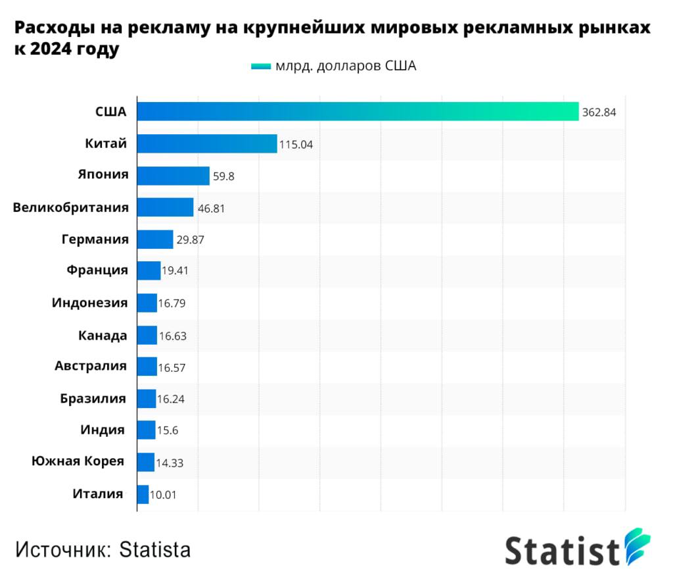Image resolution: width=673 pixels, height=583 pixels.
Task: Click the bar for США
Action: point(358,112)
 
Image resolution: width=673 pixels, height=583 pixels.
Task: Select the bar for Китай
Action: point(207,143)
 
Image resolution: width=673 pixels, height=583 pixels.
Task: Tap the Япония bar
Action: point(173,176)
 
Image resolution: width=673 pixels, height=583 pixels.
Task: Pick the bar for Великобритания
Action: point(165,207)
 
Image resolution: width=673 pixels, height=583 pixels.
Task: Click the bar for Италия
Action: point(143,494)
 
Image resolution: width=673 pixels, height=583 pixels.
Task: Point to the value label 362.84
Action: point(599,113)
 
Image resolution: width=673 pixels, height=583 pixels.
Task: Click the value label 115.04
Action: point(296,144)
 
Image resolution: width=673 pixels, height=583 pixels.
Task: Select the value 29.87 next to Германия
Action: point(190,240)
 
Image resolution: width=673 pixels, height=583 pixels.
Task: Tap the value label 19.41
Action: point(175,271)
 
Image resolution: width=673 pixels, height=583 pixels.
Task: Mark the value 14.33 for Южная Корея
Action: point(170,463)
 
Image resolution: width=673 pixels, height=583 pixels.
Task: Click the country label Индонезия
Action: point(90,303)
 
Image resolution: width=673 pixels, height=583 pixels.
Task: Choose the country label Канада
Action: point(102,336)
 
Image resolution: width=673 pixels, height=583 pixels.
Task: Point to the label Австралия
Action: point(91,366)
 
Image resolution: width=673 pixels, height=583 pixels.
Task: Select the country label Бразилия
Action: point(93,398)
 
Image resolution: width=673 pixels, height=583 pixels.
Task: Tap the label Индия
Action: point(103,430)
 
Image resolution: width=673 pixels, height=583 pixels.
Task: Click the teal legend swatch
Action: point(261,66)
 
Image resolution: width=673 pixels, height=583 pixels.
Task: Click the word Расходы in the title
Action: point(56,28)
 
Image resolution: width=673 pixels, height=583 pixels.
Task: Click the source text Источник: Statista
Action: point(103,549)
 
